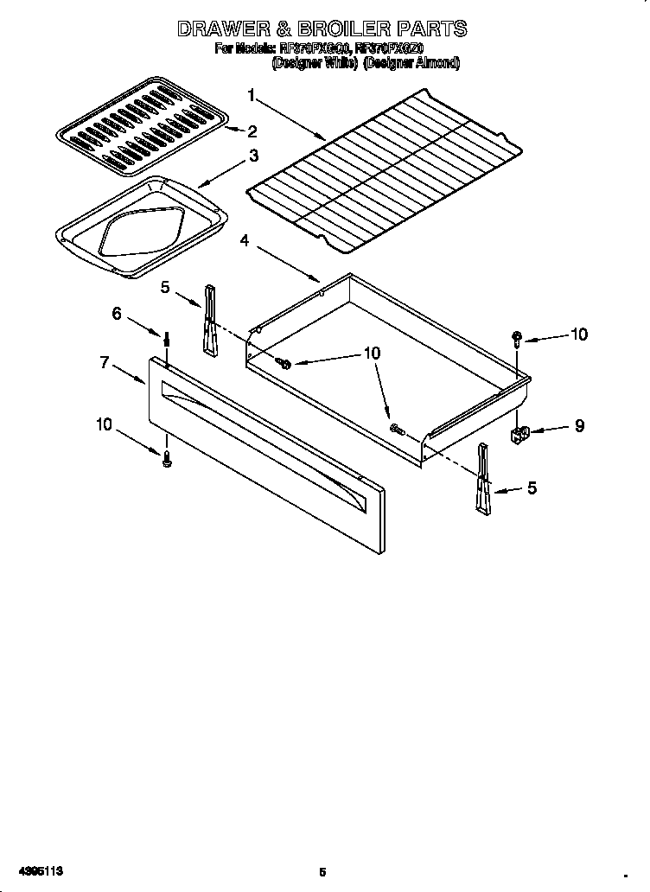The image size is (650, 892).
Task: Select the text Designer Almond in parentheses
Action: coord(411,63)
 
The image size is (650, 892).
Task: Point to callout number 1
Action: coord(251,95)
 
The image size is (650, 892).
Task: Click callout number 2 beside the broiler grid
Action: coord(252,131)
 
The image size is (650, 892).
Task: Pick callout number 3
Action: coord(253,156)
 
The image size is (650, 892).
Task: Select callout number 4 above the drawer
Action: coord(245,241)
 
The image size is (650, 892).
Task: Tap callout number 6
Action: coord(117,314)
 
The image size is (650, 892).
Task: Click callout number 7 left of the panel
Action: coord(104,363)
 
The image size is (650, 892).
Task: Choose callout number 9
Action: coord(578,425)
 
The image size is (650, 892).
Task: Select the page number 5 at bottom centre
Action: coord(322,872)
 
